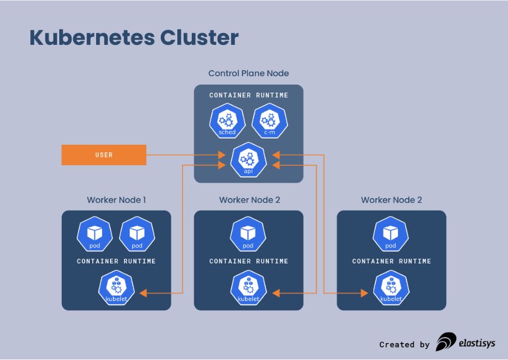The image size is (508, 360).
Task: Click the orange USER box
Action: (104, 155)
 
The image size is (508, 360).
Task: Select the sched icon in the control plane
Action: (227, 122)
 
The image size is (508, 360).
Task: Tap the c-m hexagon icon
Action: (270, 122)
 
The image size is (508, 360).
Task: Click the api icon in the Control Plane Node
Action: (248, 160)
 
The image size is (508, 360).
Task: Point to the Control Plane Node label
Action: (248, 73)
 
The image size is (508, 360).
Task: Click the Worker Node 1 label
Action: (116, 200)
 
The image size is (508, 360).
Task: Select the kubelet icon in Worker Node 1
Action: (116, 288)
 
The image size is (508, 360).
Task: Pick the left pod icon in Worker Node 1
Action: (94, 234)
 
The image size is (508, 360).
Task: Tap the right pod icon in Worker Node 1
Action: (137, 234)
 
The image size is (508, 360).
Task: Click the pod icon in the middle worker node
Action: (248, 234)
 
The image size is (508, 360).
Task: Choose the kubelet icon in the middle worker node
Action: (248, 288)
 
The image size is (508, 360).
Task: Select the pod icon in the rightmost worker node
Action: (391, 234)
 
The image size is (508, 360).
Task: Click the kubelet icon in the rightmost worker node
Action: (391, 288)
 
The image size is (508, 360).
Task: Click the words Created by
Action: (404, 344)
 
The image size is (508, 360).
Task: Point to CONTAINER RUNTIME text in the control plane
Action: (248, 95)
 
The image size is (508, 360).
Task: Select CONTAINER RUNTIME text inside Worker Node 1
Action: (116, 261)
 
